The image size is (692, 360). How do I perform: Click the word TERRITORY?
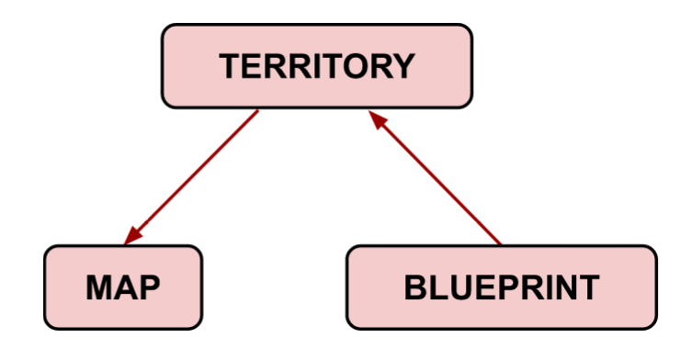coord(317,66)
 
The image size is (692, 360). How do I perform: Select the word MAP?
coord(123,287)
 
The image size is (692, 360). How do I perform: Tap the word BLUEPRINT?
coord(501,287)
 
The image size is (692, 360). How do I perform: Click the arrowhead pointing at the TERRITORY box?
coord(374,118)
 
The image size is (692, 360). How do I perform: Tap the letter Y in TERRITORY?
coord(403,66)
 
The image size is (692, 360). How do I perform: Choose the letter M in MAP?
coord(100,287)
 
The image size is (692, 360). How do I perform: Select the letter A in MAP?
coord(125,287)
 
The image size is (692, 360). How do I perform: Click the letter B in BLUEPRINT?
coord(417,287)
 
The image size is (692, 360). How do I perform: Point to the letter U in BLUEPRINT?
coord(459,287)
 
